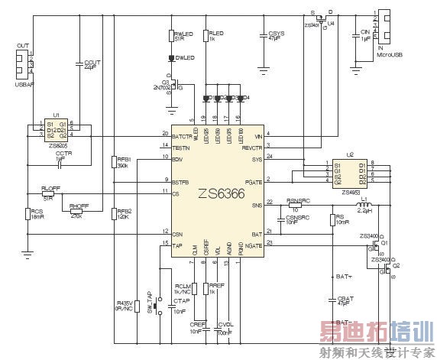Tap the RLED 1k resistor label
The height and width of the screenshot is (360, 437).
click(x=215, y=35)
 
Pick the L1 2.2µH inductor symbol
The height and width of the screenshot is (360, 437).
click(x=363, y=206)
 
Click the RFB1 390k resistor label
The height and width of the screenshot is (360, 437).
click(x=123, y=163)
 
